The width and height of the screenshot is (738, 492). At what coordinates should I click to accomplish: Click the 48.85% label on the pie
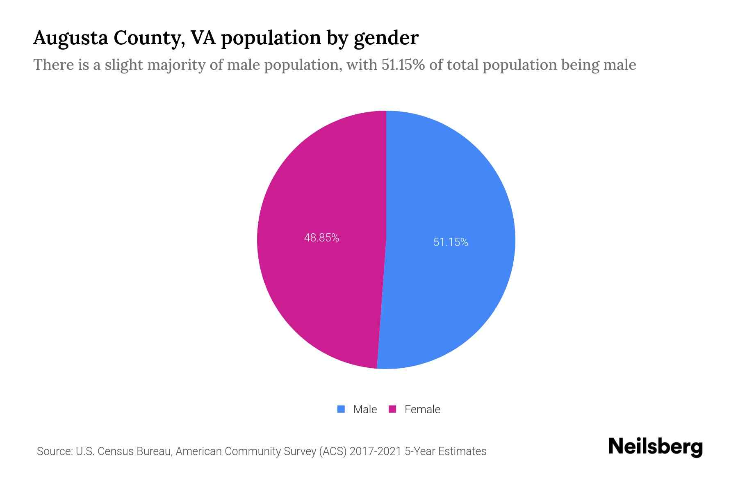(321, 238)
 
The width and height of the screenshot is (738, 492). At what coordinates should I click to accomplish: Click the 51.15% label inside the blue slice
(451, 242)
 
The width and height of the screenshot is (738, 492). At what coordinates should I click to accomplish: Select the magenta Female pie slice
(320, 287)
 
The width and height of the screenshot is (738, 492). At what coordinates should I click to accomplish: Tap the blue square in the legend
(341, 409)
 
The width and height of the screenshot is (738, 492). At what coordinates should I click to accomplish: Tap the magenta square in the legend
(392, 409)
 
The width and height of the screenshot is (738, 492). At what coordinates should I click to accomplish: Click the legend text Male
(365, 409)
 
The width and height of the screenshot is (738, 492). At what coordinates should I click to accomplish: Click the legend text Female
(422, 409)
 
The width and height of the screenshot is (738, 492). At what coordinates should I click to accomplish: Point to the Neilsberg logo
(655, 447)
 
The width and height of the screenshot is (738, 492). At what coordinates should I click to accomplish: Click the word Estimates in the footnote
(462, 451)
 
